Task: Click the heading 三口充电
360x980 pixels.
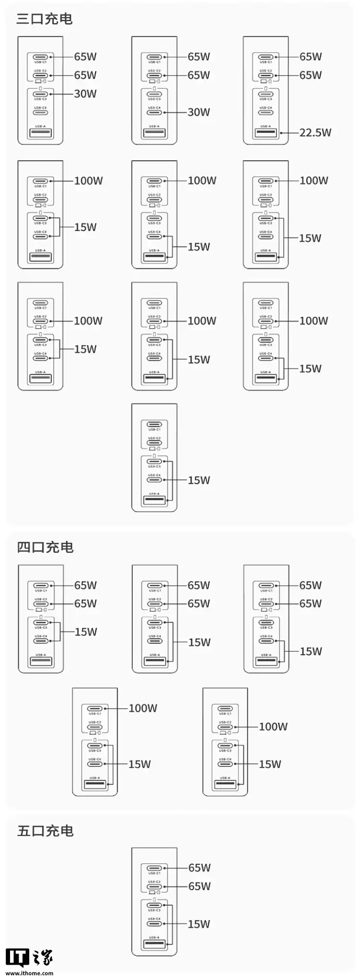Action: click(x=44, y=19)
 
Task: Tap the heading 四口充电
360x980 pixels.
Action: click(x=45, y=547)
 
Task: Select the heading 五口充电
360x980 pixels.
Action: click(x=45, y=831)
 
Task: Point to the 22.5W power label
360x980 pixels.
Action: click(x=315, y=132)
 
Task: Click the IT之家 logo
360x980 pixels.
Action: click(x=29, y=958)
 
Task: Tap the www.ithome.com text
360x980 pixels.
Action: click(x=30, y=973)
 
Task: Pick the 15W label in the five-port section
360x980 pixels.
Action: click(x=199, y=924)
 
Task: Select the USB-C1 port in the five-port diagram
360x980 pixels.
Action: click(x=154, y=868)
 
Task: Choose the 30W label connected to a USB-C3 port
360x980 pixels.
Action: click(x=85, y=94)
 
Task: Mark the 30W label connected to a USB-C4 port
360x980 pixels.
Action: click(x=199, y=112)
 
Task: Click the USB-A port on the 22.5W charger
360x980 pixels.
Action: click(x=265, y=133)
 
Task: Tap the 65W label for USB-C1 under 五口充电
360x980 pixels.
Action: click(x=199, y=868)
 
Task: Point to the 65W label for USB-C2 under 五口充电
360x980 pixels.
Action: click(x=199, y=886)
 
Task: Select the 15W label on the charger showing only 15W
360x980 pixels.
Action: click(x=199, y=480)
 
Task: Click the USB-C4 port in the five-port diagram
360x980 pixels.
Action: click(x=154, y=924)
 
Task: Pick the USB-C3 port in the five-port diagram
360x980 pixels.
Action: click(x=154, y=905)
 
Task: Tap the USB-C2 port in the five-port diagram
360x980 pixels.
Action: click(x=154, y=886)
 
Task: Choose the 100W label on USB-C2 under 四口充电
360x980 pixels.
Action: click(x=273, y=727)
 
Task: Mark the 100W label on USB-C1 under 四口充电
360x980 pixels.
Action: click(x=143, y=708)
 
